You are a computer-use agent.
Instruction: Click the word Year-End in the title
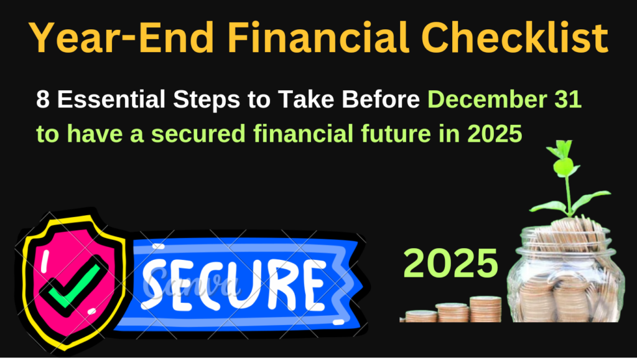121,37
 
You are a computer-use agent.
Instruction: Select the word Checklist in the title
515,37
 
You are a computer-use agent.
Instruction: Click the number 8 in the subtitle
43,99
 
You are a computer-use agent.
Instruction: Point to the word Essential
111,99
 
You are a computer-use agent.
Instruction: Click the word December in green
484,99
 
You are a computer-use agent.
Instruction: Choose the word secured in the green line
198,134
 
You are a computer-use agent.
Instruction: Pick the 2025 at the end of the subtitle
495,134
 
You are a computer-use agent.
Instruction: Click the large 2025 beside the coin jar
450,264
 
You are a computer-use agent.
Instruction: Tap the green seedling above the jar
568,178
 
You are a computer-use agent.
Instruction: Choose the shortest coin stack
421,316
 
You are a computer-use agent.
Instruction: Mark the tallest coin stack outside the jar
485,309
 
